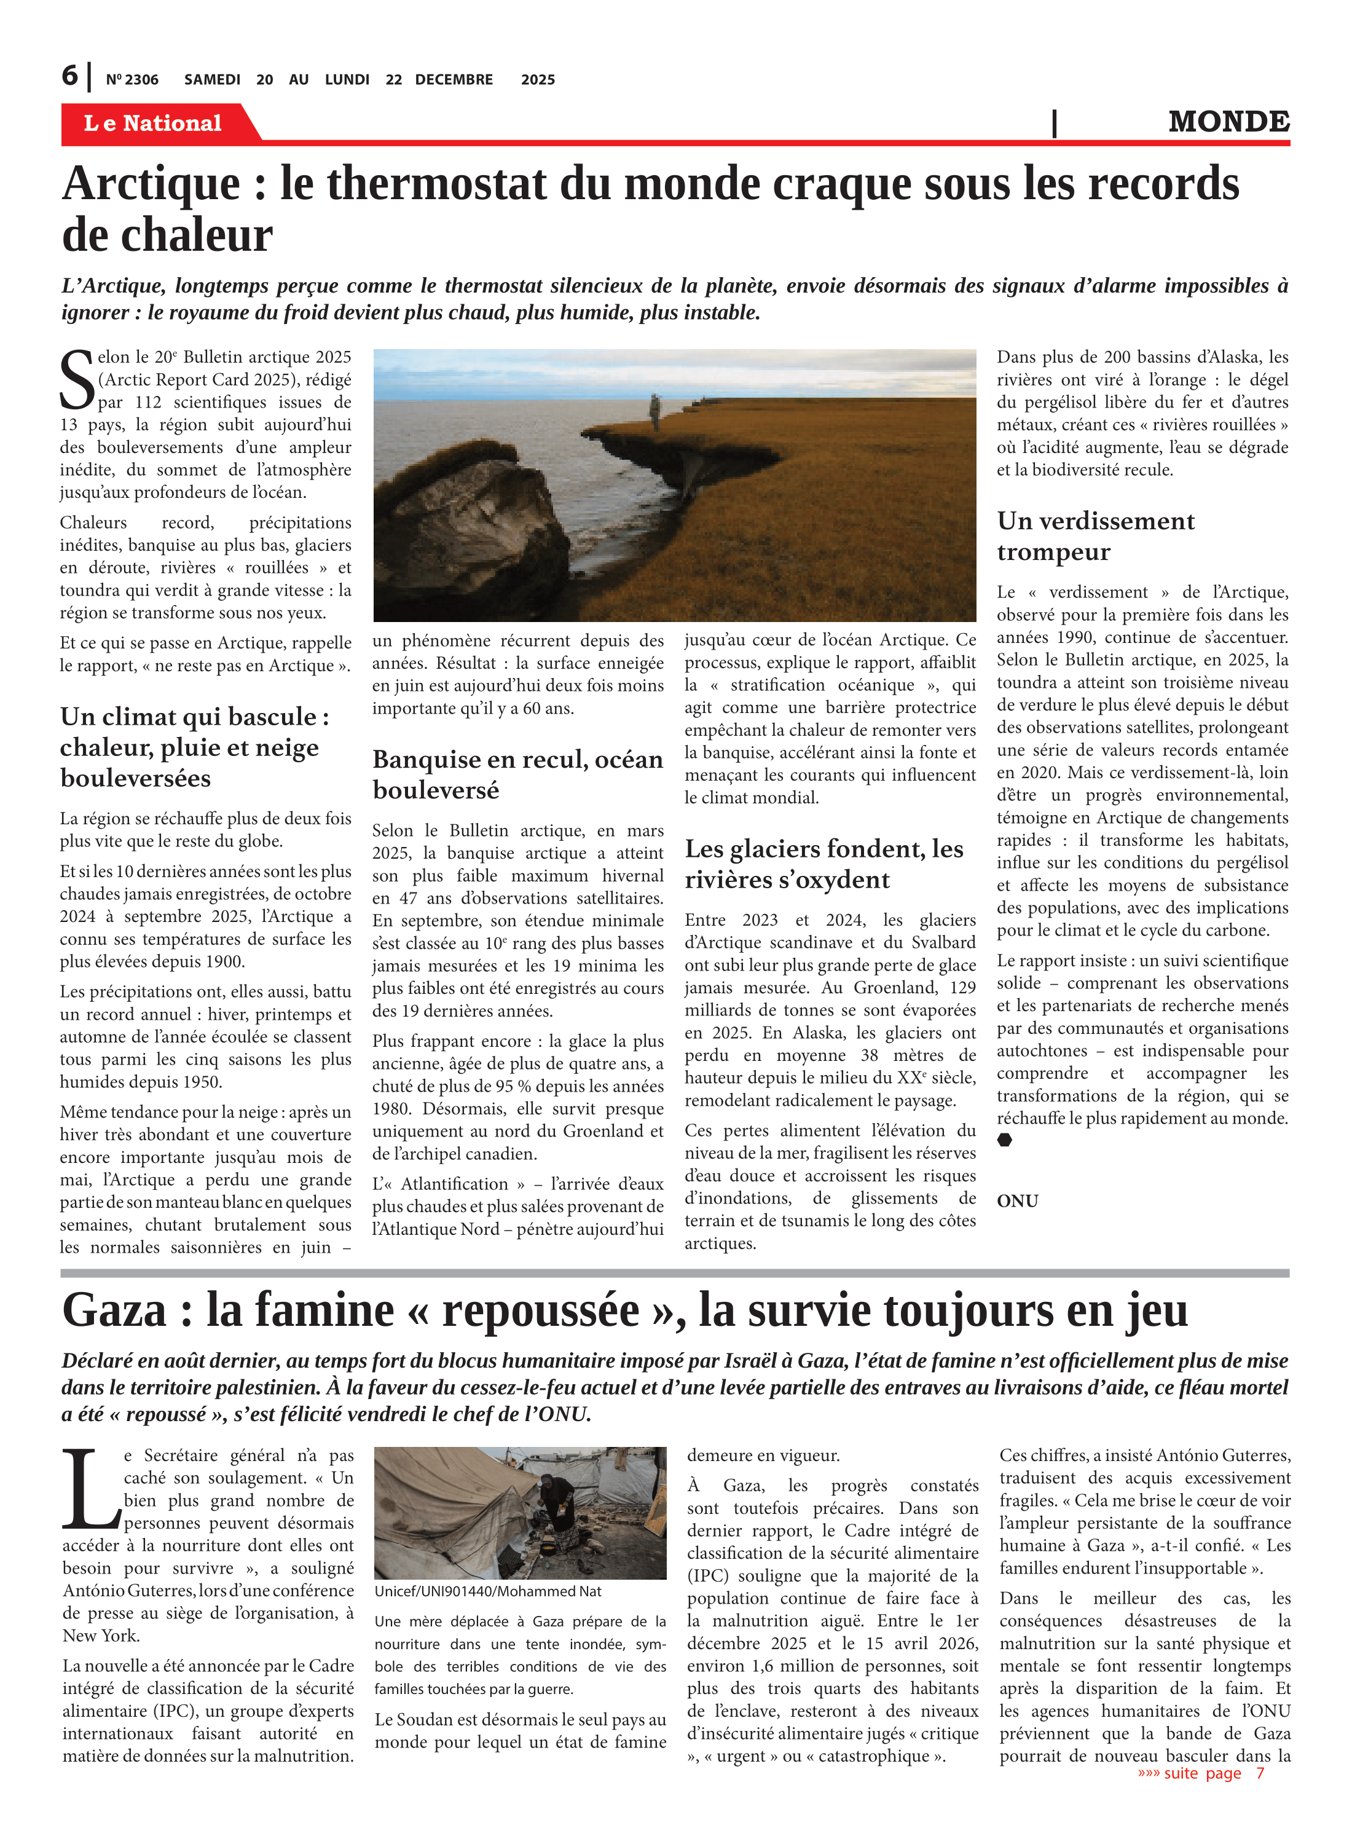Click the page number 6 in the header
pos(71,76)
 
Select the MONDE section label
pos(1228,121)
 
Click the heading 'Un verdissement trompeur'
pos(1095,536)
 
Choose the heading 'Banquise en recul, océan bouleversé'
pos(517,774)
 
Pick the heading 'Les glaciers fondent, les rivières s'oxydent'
pos(823,864)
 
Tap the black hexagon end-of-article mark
pos(1005,1140)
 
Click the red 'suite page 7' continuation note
pos(1201,1773)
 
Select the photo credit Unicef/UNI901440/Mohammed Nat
pos(488,1591)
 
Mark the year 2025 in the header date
pos(538,79)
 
